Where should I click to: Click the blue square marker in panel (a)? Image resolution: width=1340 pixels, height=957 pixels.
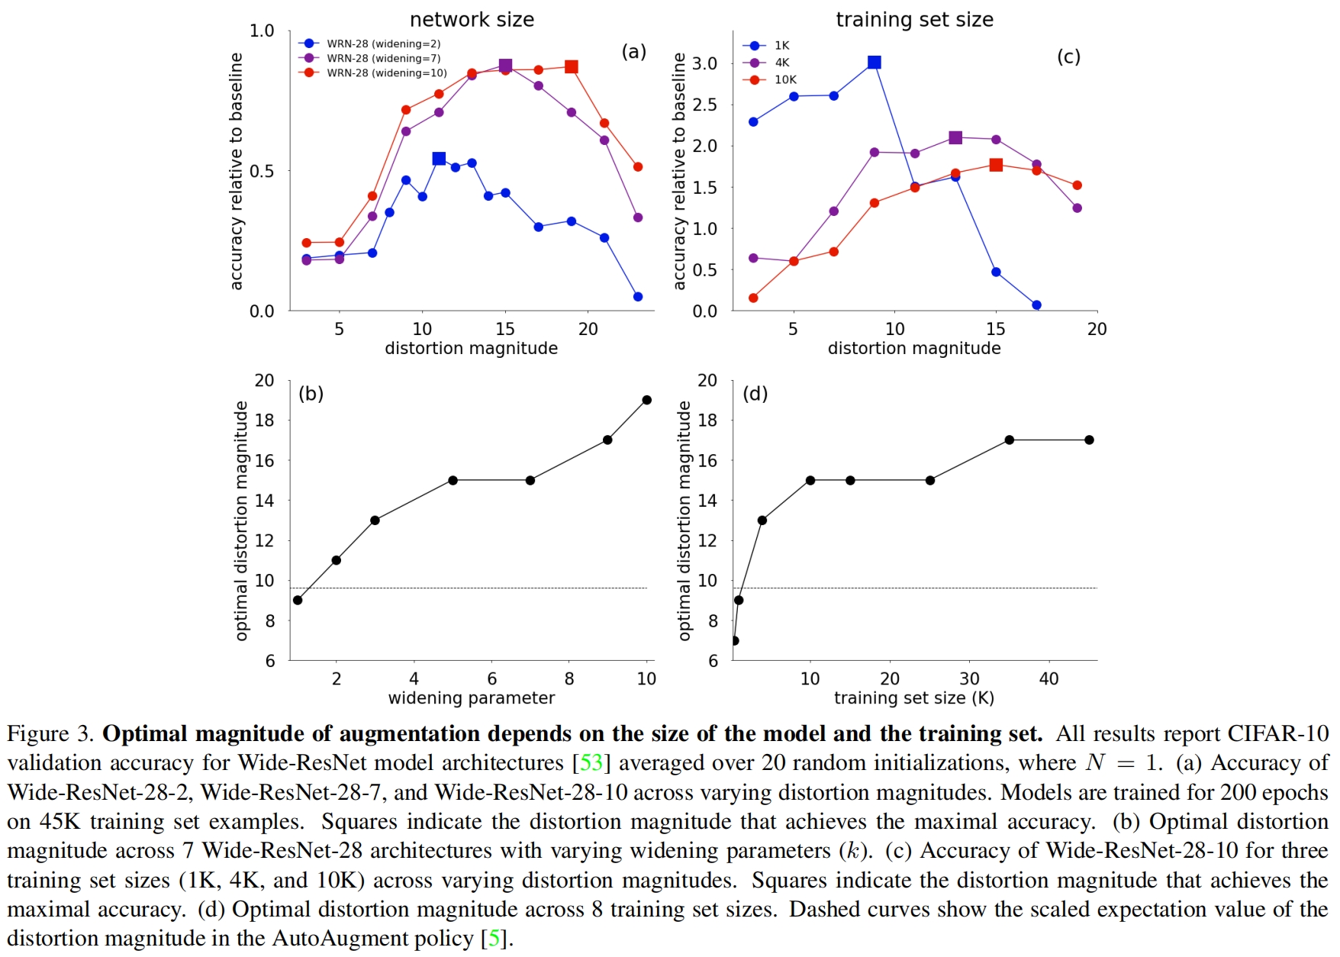click(439, 159)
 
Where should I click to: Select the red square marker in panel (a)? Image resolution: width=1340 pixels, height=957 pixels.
click(572, 67)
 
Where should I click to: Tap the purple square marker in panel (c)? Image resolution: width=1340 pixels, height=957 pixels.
click(955, 138)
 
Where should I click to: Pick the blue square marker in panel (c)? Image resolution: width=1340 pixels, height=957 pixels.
click(875, 63)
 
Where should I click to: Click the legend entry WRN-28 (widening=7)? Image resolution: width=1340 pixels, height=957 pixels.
click(383, 58)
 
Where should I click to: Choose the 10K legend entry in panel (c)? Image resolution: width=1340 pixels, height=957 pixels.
click(785, 79)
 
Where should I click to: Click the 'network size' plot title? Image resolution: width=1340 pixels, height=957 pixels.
click(472, 20)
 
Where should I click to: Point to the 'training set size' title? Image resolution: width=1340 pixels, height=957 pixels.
click(914, 20)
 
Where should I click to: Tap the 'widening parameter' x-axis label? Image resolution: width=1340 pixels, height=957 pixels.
click(472, 698)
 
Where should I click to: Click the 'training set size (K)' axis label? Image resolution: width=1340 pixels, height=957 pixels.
click(913, 698)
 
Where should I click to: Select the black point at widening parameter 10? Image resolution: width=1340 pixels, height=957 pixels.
click(647, 400)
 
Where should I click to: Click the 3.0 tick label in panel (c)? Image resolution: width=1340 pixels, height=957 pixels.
click(704, 63)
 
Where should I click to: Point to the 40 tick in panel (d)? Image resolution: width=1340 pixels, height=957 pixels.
click(1048, 678)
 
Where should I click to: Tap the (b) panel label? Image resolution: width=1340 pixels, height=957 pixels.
click(311, 394)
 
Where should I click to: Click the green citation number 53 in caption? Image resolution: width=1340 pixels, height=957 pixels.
click(591, 762)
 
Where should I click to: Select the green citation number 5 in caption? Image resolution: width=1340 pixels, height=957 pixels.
click(494, 938)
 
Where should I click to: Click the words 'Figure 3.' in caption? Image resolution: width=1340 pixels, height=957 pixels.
click(50, 733)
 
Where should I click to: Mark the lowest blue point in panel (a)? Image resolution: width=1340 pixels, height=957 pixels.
click(638, 297)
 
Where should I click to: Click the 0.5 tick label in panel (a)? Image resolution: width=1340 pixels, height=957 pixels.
click(262, 171)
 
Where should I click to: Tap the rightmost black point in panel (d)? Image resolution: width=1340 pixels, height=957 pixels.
click(1089, 440)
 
